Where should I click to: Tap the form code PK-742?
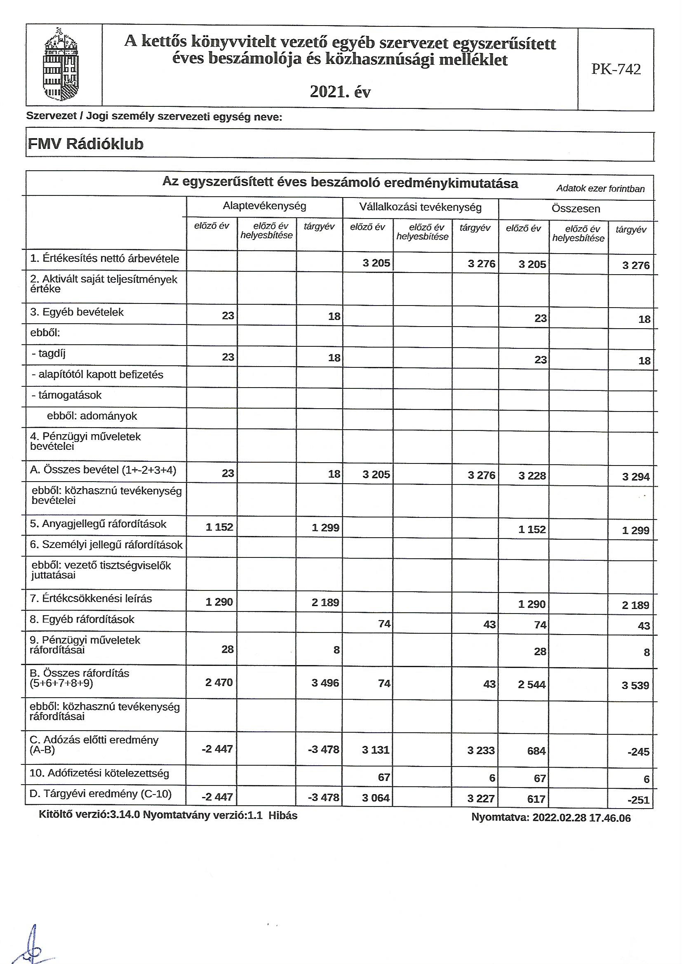(x=616, y=69)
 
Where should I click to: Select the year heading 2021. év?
(x=340, y=92)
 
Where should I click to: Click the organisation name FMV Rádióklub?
(x=86, y=144)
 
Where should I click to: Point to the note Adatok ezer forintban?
(x=600, y=188)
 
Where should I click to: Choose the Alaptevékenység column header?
(x=264, y=206)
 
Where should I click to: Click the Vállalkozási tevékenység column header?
(x=420, y=207)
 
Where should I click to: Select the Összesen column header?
(x=575, y=209)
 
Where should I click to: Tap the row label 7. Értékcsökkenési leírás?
(x=91, y=599)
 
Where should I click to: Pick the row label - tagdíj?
(x=49, y=353)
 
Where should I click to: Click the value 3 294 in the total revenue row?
(x=636, y=477)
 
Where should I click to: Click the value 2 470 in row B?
(x=219, y=682)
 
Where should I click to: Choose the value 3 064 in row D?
(x=376, y=798)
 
